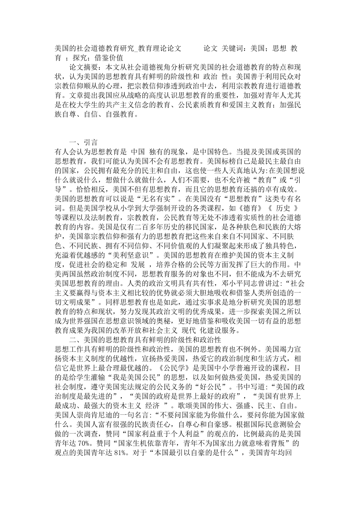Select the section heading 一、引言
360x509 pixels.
[x=83, y=142]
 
